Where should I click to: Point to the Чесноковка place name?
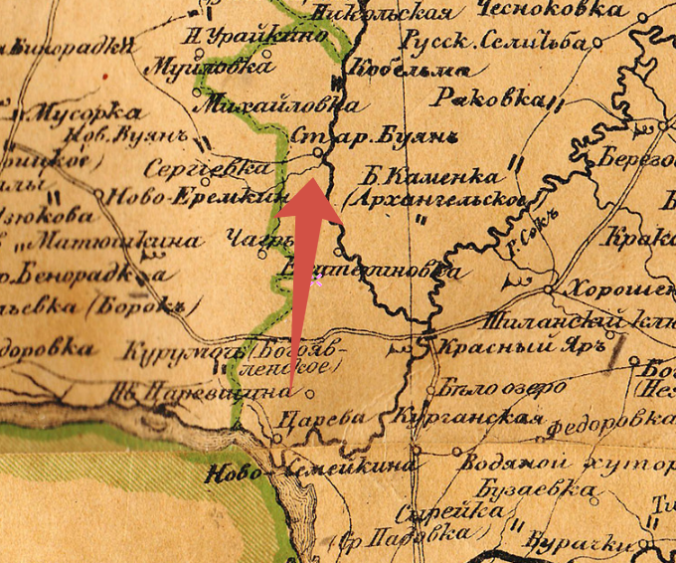tap(551, 10)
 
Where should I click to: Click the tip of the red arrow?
tap(311, 178)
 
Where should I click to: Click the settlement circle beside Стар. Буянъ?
tap(317, 152)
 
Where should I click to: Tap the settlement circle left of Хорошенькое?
tap(550, 289)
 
